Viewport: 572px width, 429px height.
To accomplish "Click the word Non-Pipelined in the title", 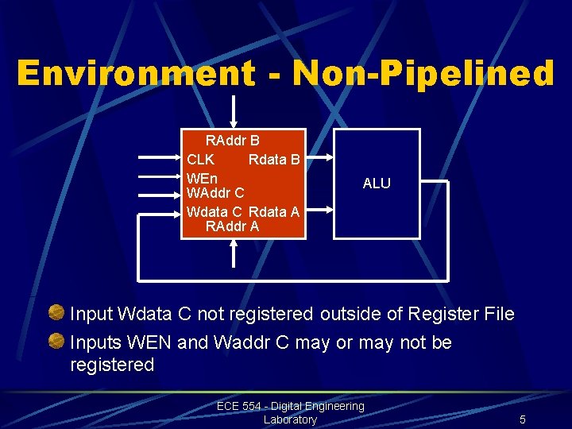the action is (x=423, y=74).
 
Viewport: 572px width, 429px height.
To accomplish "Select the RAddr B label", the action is (x=233, y=141).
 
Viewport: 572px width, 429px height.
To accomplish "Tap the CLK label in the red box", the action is (x=199, y=159).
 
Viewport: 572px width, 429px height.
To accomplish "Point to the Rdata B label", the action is (x=274, y=159).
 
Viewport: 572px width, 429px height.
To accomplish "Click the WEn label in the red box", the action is (x=202, y=177).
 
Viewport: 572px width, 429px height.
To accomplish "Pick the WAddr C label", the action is (x=214, y=193).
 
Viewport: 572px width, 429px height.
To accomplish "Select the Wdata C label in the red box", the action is (x=214, y=211).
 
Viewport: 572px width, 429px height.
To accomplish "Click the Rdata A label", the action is (x=274, y=211).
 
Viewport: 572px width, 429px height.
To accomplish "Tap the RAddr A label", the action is (x=232, y=226).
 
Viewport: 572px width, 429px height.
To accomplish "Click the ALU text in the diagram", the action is (x=377, y=184).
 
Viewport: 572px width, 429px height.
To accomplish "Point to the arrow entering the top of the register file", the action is (x=233, y=111).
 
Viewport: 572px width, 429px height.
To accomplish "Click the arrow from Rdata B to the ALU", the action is (x=319, y=159).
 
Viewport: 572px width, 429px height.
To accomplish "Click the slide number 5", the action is (x=523, y=419).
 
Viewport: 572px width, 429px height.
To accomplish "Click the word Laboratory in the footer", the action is (x=290, y=419).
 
